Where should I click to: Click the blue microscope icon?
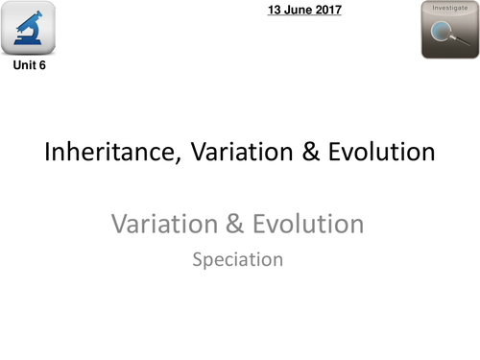coord(29,30)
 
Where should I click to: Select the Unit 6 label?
coord(29,66)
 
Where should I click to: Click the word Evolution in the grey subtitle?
coord(308,225)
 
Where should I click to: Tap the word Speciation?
coord(238,259)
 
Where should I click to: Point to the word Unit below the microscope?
coord(24,66)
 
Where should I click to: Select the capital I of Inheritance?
coord(48,152)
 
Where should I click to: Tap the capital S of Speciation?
coord(198,259)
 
